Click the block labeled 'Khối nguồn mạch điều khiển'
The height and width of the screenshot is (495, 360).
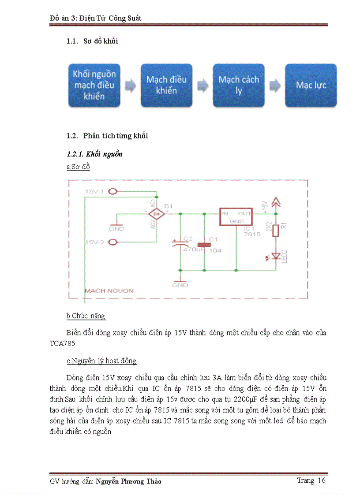(94, 85)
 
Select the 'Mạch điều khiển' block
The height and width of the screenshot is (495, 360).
(166, 85)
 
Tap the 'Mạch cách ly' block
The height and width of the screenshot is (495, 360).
(239, 85)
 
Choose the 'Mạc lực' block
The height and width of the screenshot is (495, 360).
(311, 85)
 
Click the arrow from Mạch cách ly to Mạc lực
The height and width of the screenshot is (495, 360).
(274, 85)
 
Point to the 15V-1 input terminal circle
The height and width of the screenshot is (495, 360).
(113, 192)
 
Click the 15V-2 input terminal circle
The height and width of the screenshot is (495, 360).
(113, 242)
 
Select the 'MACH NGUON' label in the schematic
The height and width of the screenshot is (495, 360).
(109, 290)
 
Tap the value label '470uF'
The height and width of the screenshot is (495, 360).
(193, 250)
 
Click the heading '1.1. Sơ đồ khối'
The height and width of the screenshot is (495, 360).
(92, 41)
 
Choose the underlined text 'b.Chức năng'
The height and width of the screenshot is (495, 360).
(86, 316)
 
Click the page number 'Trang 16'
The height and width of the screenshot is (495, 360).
(311, 480)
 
